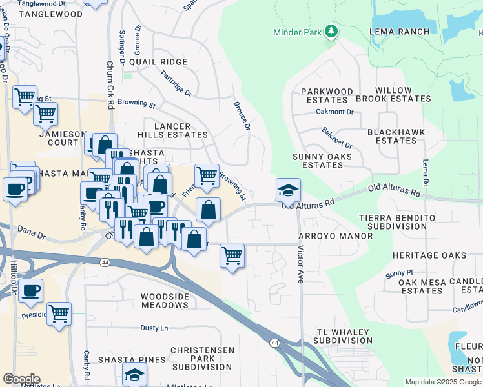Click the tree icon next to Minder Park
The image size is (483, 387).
click(331, 31)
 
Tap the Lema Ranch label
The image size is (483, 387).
click(399, 32)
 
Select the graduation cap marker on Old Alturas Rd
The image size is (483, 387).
click(288, 190)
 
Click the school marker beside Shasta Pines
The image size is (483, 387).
click(134, 374)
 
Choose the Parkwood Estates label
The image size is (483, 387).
click(327, 95)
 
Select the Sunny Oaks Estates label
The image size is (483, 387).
click(322, 161)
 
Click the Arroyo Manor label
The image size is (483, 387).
click(335, 237)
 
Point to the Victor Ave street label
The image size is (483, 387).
click(301, 264)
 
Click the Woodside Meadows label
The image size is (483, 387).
click(164, 300)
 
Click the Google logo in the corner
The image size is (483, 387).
click(21, 379)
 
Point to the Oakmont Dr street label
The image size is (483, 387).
click(334, 112)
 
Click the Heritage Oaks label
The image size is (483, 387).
click(429, 256)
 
